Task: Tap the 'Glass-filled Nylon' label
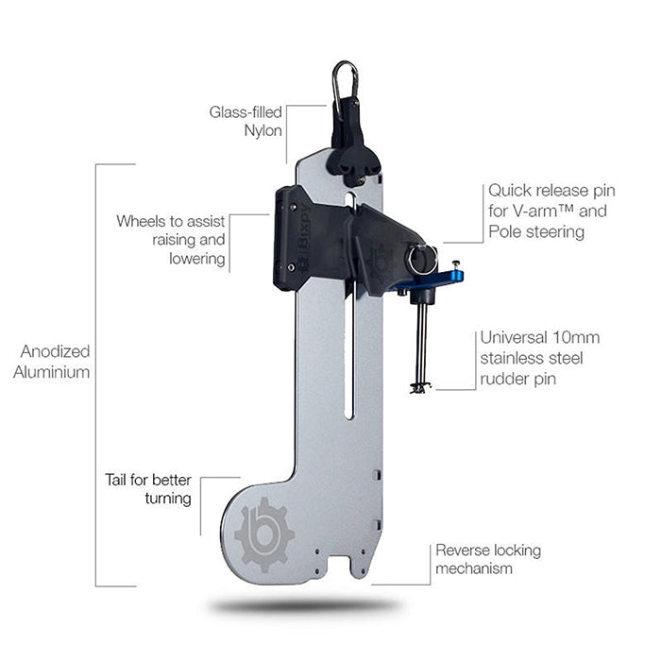246,121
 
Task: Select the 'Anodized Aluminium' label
53,362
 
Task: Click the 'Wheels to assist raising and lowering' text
172,239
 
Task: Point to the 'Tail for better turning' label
148,488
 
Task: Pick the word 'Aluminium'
53,371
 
